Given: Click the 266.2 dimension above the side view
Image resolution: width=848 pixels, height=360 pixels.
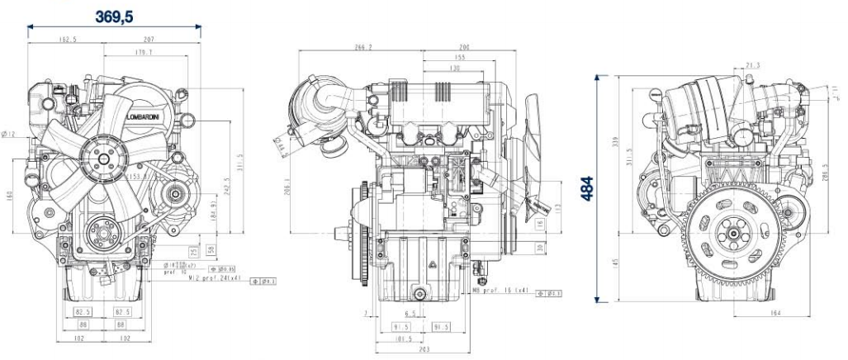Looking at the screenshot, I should [362, 47].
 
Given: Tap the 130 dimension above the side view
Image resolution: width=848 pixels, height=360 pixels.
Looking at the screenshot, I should [454, 69].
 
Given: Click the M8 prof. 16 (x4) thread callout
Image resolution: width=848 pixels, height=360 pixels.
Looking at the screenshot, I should [500, 291].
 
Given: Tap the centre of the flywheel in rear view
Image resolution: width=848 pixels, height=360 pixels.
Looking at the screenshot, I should [732, 234].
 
